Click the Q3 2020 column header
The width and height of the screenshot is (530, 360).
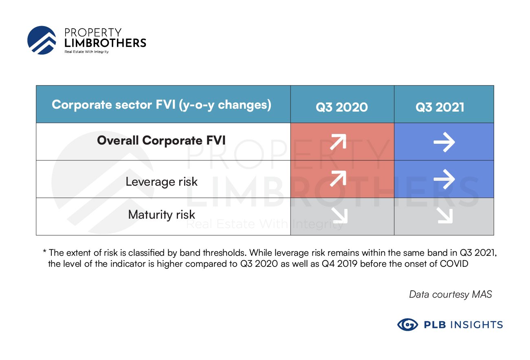click(342, 107)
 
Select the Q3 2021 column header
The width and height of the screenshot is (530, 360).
click(440, 107)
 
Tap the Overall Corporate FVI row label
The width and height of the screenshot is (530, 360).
click(161, 140)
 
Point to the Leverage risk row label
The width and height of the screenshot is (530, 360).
click(161, 182)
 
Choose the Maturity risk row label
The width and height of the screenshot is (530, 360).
click(161, 215)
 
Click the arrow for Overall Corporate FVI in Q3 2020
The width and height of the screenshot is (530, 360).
click(339, 142)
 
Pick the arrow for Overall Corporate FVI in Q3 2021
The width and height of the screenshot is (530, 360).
click(444, 142)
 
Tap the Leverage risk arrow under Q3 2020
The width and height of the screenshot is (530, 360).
click(339, 179)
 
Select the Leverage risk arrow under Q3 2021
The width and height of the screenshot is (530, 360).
click(444, 179)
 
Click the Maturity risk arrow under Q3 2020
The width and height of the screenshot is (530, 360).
click(340, 216)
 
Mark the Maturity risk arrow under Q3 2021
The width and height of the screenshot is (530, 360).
click(445, 216)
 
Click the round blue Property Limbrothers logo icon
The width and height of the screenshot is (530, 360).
click(42, 40)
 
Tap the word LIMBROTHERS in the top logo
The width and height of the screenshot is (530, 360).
click(105, 43)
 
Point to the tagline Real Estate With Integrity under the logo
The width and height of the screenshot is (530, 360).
click(87, 52)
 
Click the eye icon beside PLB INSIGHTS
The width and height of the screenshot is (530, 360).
click(408, 325)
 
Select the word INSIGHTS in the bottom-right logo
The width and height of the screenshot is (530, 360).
click(477, 325)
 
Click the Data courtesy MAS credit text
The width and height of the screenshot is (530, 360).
click(451, 294)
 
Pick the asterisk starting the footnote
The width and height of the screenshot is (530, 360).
click(44, 251)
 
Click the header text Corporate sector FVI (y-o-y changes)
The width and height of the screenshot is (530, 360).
click(161, 105)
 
